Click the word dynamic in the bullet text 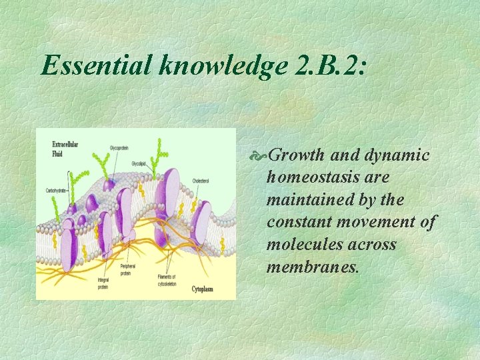397,155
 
